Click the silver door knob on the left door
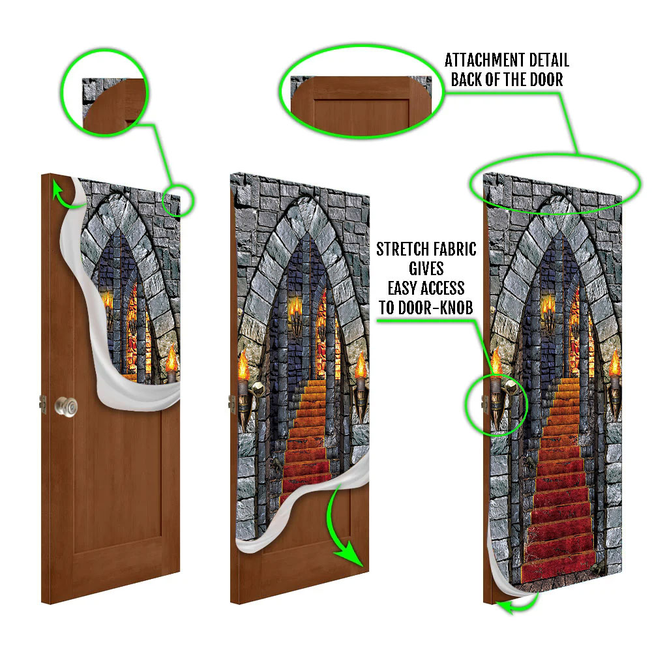(66, 407)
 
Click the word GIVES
(426, 269)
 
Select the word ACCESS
(443, 288)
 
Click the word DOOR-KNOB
(436, 308)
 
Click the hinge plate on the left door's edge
(43, 404)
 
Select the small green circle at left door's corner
(177, 200)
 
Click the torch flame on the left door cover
(171, 358)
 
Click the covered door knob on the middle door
(258, 390)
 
